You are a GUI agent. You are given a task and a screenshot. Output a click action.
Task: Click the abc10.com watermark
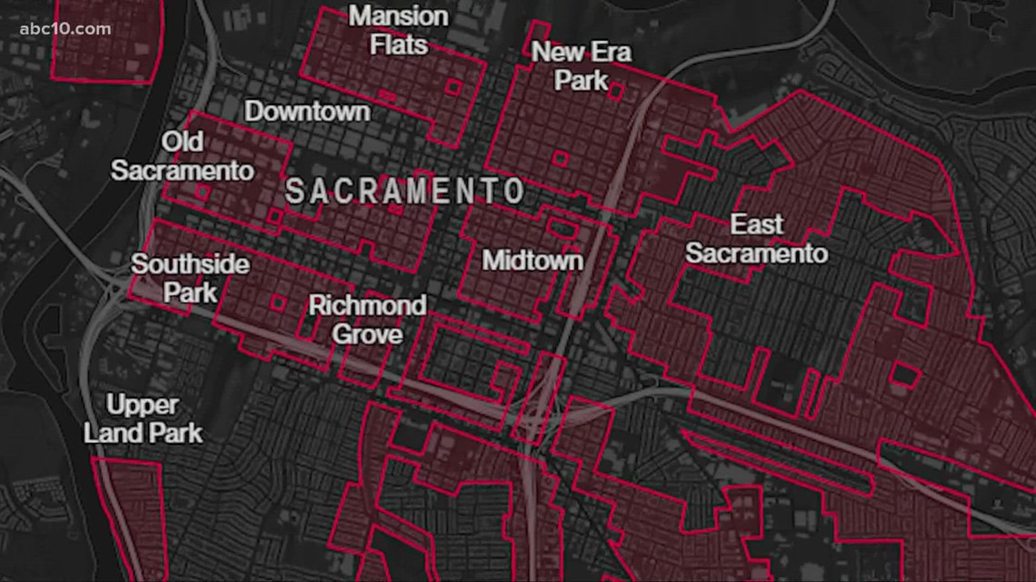click(65, 28)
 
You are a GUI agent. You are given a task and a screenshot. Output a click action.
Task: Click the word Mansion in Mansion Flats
click(399, 16)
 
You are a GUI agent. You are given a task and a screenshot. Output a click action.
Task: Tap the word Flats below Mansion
click(399, 44)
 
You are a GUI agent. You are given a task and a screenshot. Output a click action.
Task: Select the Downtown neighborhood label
click(308, 112)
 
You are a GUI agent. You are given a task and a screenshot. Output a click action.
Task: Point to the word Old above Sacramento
click(182, 142)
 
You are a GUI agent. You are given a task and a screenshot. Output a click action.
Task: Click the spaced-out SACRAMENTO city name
click(405, 192)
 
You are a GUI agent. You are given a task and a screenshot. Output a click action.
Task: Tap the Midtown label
click(532, 261)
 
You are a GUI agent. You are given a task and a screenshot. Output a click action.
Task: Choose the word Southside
click(190, 264)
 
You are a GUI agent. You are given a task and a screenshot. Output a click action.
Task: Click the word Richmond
click(367, 305)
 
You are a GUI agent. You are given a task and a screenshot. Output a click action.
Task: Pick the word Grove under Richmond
click(367, 334)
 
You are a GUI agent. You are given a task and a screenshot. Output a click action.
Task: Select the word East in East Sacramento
click(756, 223)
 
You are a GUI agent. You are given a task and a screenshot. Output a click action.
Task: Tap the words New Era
click(581, 52)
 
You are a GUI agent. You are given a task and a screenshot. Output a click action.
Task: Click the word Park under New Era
click(581, 80)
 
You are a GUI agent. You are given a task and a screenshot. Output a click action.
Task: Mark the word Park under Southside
click(190, 292)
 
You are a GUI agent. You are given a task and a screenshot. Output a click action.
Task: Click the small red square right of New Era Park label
click(616, 91)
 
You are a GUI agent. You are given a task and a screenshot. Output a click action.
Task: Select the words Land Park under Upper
click(143, 432)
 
